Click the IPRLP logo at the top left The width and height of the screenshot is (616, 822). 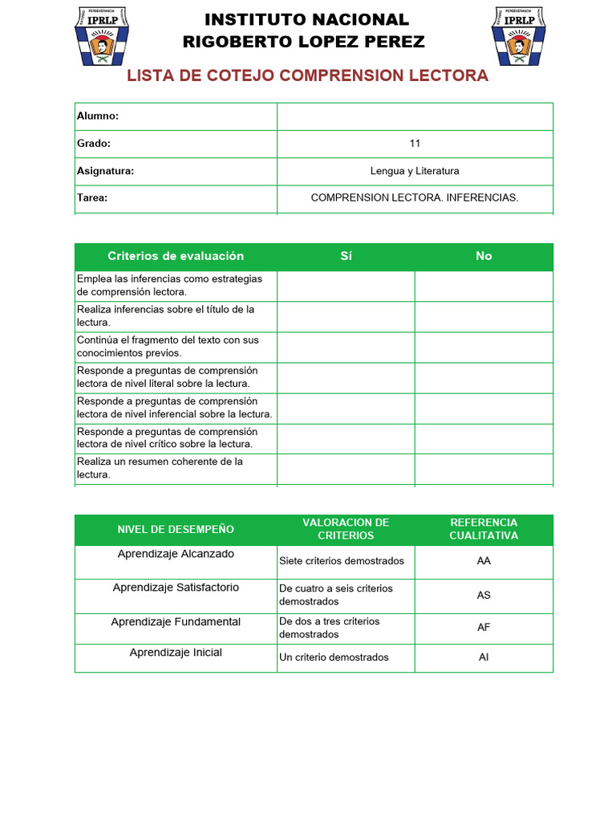pos(100,36)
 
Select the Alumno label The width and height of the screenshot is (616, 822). pos(98,116)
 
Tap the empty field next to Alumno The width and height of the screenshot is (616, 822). pos(415,116)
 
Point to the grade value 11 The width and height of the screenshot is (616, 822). pos(415,144)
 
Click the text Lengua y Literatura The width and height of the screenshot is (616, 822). pos(415,171)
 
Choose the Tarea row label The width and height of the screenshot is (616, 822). pos(92,198)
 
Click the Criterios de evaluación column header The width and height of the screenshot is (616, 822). pos(176,256)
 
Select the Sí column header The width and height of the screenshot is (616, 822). pos(346,256)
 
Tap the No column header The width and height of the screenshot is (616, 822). pos(484,256)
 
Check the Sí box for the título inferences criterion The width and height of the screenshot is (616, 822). pos(346,316)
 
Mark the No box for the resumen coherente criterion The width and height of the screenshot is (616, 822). pos(484,469)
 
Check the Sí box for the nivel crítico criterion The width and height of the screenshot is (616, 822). pos(346,438)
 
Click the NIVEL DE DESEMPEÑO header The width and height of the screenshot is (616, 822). pos(176,530)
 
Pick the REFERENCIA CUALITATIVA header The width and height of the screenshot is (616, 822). pos(484,529)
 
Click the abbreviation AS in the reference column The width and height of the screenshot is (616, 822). pos(484,596)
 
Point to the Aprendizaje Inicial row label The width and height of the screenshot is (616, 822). pos(176,653)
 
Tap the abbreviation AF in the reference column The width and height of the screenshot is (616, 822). pos(484,628)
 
